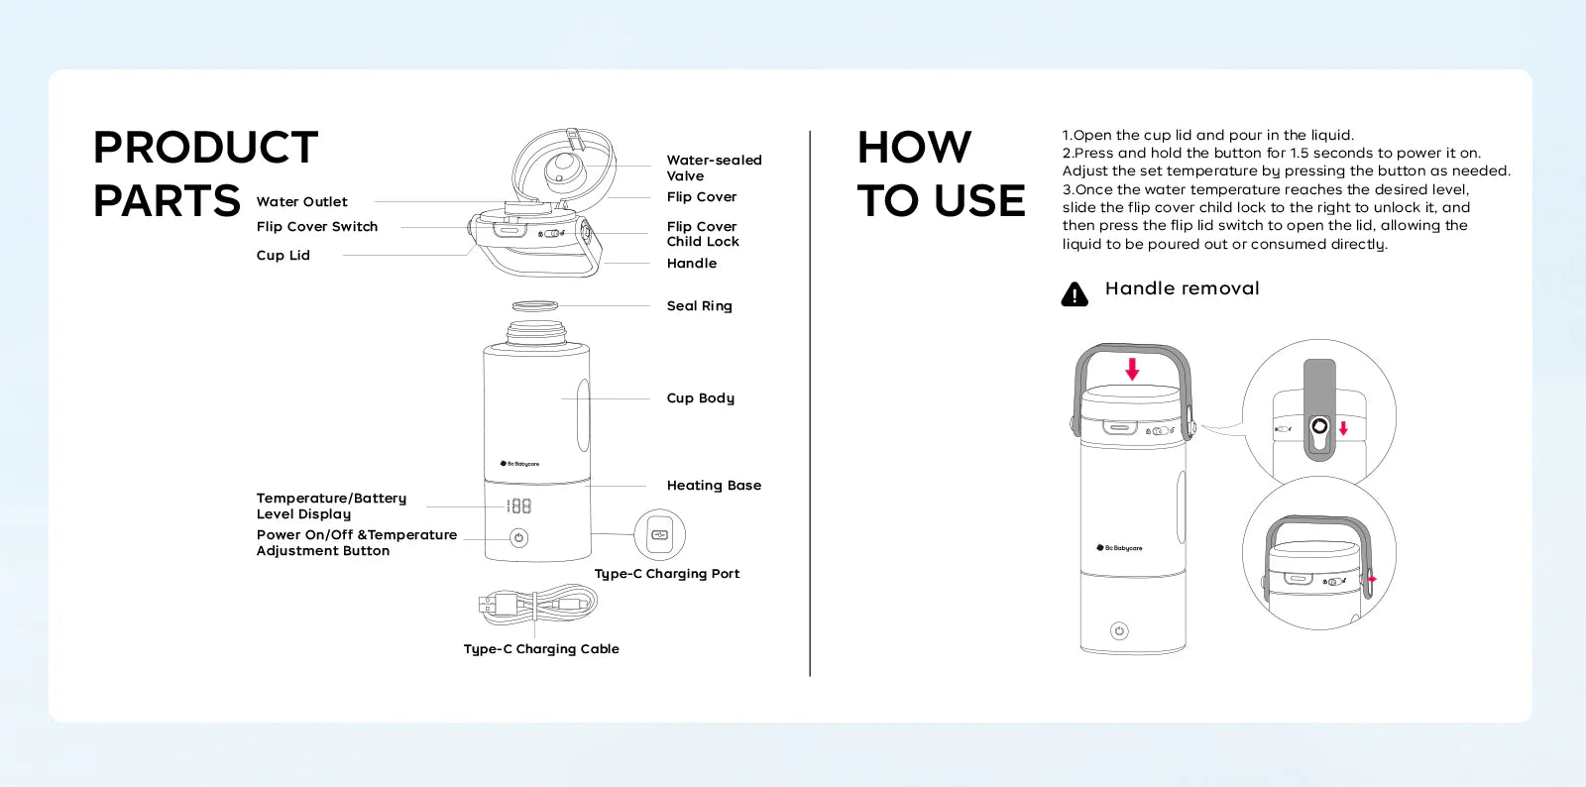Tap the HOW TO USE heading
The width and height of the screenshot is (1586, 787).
click(940, 174)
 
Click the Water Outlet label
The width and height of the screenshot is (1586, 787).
click(301, 202)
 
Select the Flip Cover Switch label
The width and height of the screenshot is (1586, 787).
click(317, 227)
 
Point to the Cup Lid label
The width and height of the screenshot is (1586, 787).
click(283, 256)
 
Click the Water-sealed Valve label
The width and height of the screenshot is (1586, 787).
click(714, 168)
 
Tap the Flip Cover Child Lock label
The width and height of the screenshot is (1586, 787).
click(703, 234)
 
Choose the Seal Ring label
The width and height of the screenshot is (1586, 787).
click(699, 306)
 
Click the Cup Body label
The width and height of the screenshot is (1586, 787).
click(700, 398)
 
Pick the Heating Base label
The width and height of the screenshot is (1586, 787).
click(714, 486)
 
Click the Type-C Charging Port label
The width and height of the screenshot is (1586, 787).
click(666, 574)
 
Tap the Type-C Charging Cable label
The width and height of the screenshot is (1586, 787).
click(541, 649)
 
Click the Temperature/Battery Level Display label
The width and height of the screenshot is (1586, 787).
click(331, 506)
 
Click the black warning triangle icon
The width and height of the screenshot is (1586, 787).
click(1075, 294)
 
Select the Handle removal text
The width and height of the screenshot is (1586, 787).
click(1182, 288)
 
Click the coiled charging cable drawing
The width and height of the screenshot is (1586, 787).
click(538, 603)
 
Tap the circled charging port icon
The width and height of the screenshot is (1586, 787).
click(659, 534)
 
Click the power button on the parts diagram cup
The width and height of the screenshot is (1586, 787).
click(518, 538)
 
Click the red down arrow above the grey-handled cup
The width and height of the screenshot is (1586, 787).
click(1132, 369)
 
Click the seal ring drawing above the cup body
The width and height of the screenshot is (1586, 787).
click(535, 305)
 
